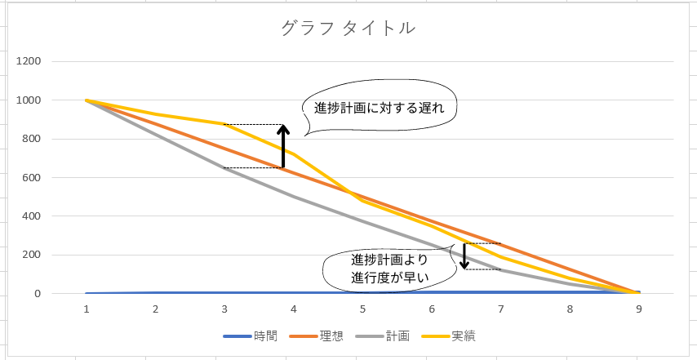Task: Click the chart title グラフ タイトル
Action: tap(348, 28)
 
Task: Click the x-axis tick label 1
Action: tap(87, 309)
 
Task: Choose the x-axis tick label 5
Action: tap(362, 309)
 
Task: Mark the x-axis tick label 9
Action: tap(638, 309)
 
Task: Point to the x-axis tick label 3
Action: tap(224, 309)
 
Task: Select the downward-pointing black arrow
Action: tap(464, 256)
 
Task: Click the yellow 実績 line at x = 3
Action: tap(224, 124)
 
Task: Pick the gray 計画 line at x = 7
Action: tap(500, 269)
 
